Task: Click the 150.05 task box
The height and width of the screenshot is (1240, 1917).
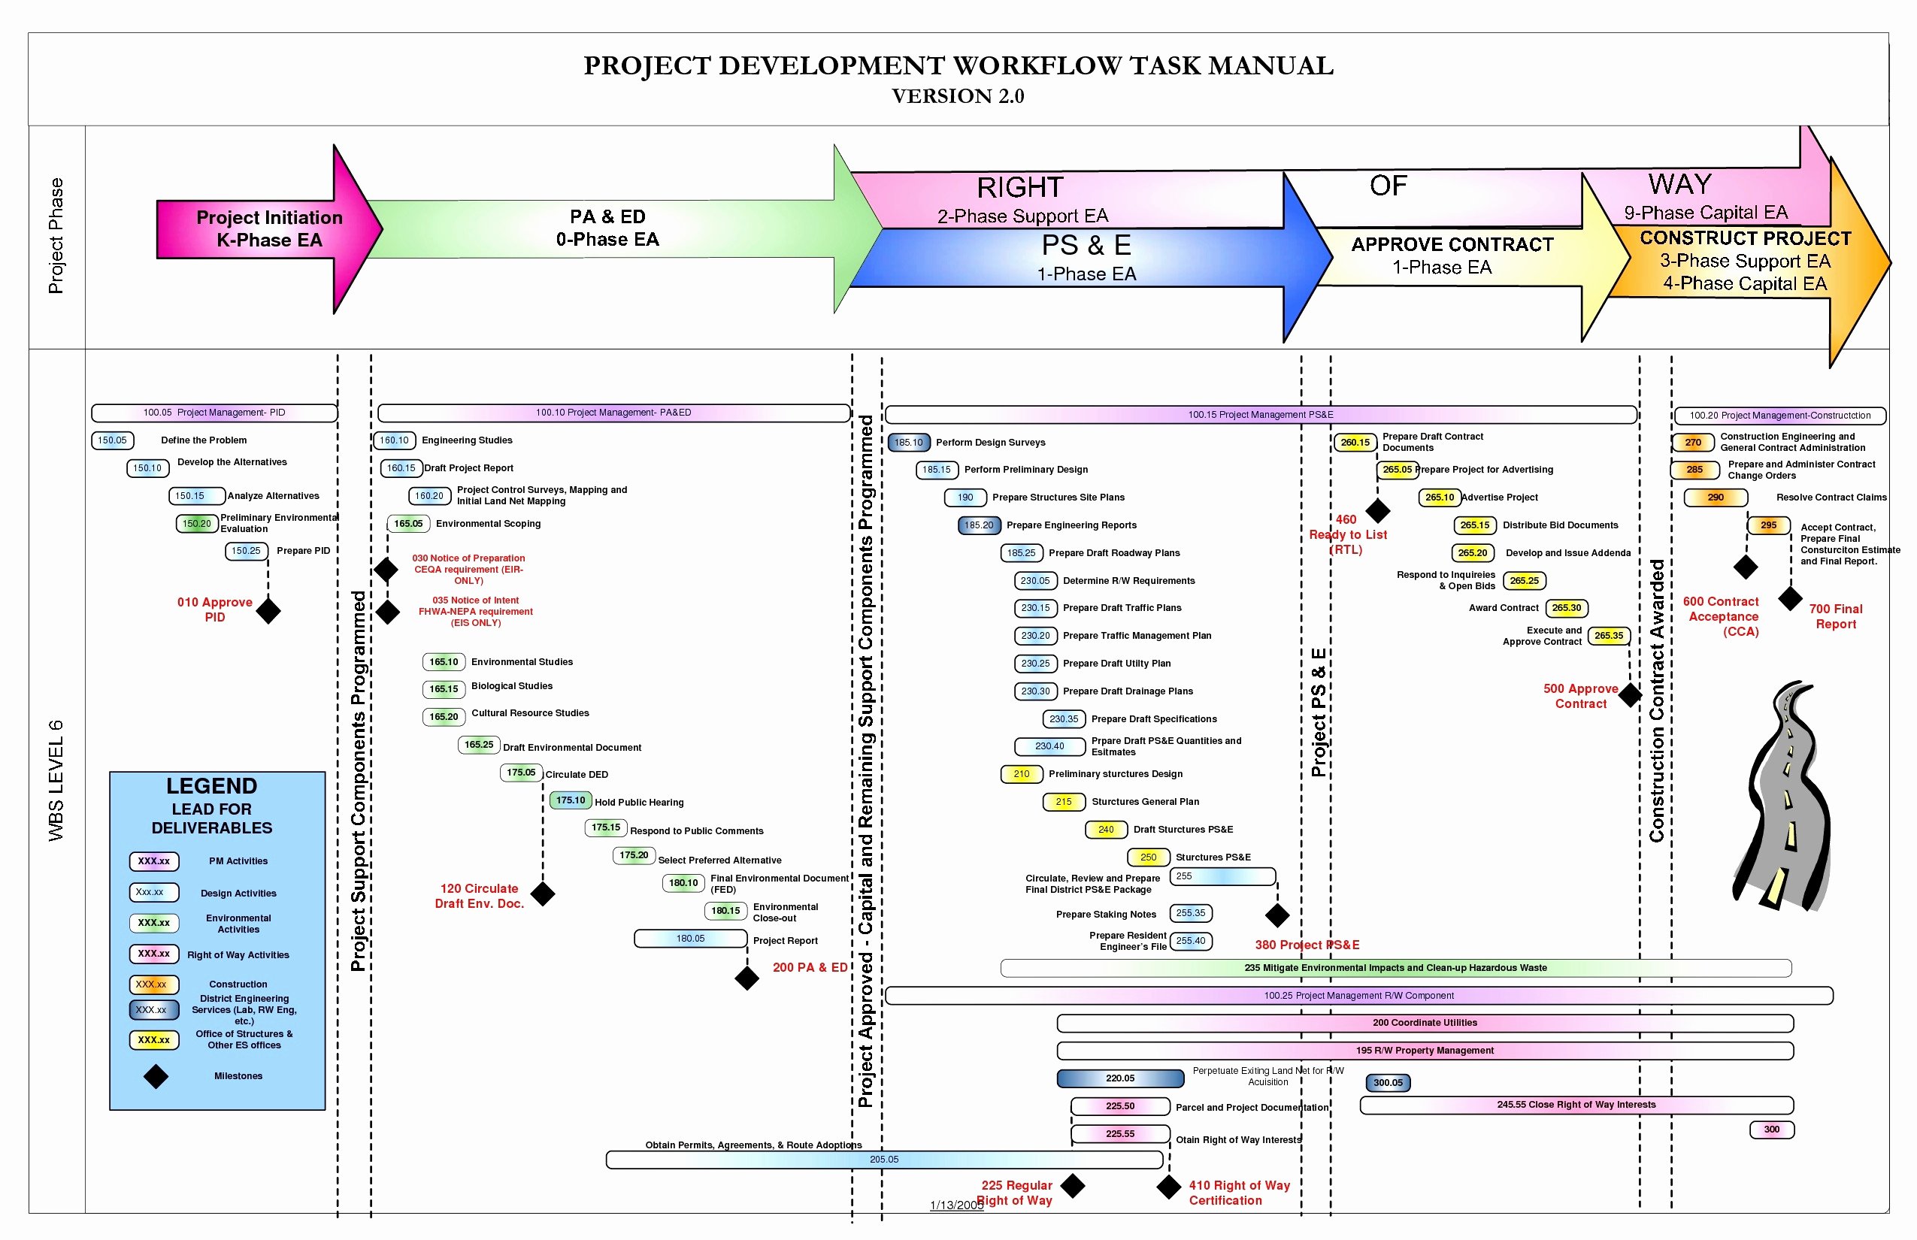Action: point(113,440)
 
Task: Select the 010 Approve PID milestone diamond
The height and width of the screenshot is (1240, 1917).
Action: point(268,611)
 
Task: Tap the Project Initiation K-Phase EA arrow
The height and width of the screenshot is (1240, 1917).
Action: point(269,229)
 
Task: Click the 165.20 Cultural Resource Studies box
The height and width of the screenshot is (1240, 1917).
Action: point(444,717)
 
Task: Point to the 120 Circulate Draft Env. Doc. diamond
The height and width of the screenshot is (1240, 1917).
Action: point(543,894)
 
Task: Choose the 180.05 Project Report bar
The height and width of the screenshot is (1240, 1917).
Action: point(691,939)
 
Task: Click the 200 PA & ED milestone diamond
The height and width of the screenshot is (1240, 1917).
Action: point(747,978)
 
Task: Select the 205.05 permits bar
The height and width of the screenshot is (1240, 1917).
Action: point(884,1160)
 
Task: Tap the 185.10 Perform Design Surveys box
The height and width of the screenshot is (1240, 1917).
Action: point(909,442)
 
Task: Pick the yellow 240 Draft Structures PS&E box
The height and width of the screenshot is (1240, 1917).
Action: point(1106,830)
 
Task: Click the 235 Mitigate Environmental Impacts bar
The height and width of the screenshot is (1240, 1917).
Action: point(1396,968)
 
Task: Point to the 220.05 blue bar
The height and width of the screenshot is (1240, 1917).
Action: point(1120,1078)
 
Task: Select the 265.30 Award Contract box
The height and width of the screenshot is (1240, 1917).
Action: point(1567,608)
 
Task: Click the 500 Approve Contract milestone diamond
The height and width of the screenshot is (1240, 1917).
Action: point(1631,695)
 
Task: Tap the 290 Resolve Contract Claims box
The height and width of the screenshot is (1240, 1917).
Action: point(1716,498)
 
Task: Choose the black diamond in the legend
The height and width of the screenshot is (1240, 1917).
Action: point(156,1076)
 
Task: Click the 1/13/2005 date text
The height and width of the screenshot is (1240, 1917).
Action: point(957,1205)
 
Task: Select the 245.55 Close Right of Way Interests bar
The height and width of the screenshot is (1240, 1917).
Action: point(1576,1105)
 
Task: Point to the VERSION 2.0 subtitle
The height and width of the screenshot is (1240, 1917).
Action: point(958,96)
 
